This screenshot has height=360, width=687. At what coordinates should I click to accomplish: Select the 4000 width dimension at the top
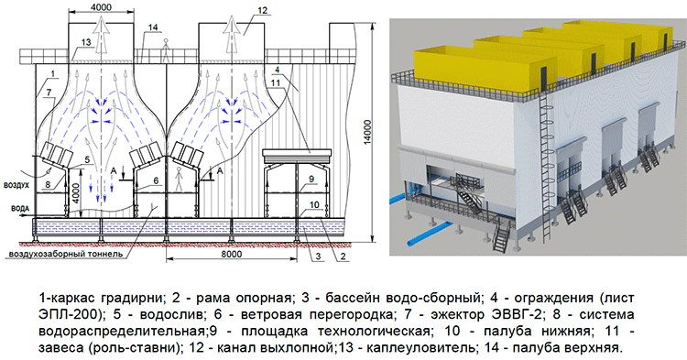coord(90,7)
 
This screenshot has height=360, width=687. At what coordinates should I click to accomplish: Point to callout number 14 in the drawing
coord(153,26)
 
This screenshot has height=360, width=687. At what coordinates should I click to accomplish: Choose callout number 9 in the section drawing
coord(311,180)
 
